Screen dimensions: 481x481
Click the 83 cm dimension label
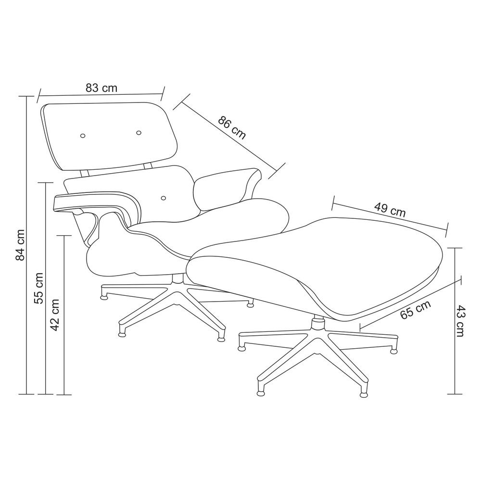101,88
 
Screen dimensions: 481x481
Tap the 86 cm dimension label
232,128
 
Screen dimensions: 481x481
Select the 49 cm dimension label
390,210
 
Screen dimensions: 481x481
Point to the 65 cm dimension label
416,309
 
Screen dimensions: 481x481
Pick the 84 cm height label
20,245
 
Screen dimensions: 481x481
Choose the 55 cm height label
39,288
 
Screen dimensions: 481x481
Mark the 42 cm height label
55,315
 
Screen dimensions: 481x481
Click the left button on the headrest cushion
83,136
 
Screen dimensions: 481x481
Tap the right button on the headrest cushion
139,133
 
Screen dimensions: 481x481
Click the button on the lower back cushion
163,198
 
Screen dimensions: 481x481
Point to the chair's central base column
177,279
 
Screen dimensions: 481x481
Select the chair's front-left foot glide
122,334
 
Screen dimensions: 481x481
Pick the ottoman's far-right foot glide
393,350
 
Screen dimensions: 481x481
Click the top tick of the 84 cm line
26,96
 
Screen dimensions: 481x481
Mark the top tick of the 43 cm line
455,248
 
